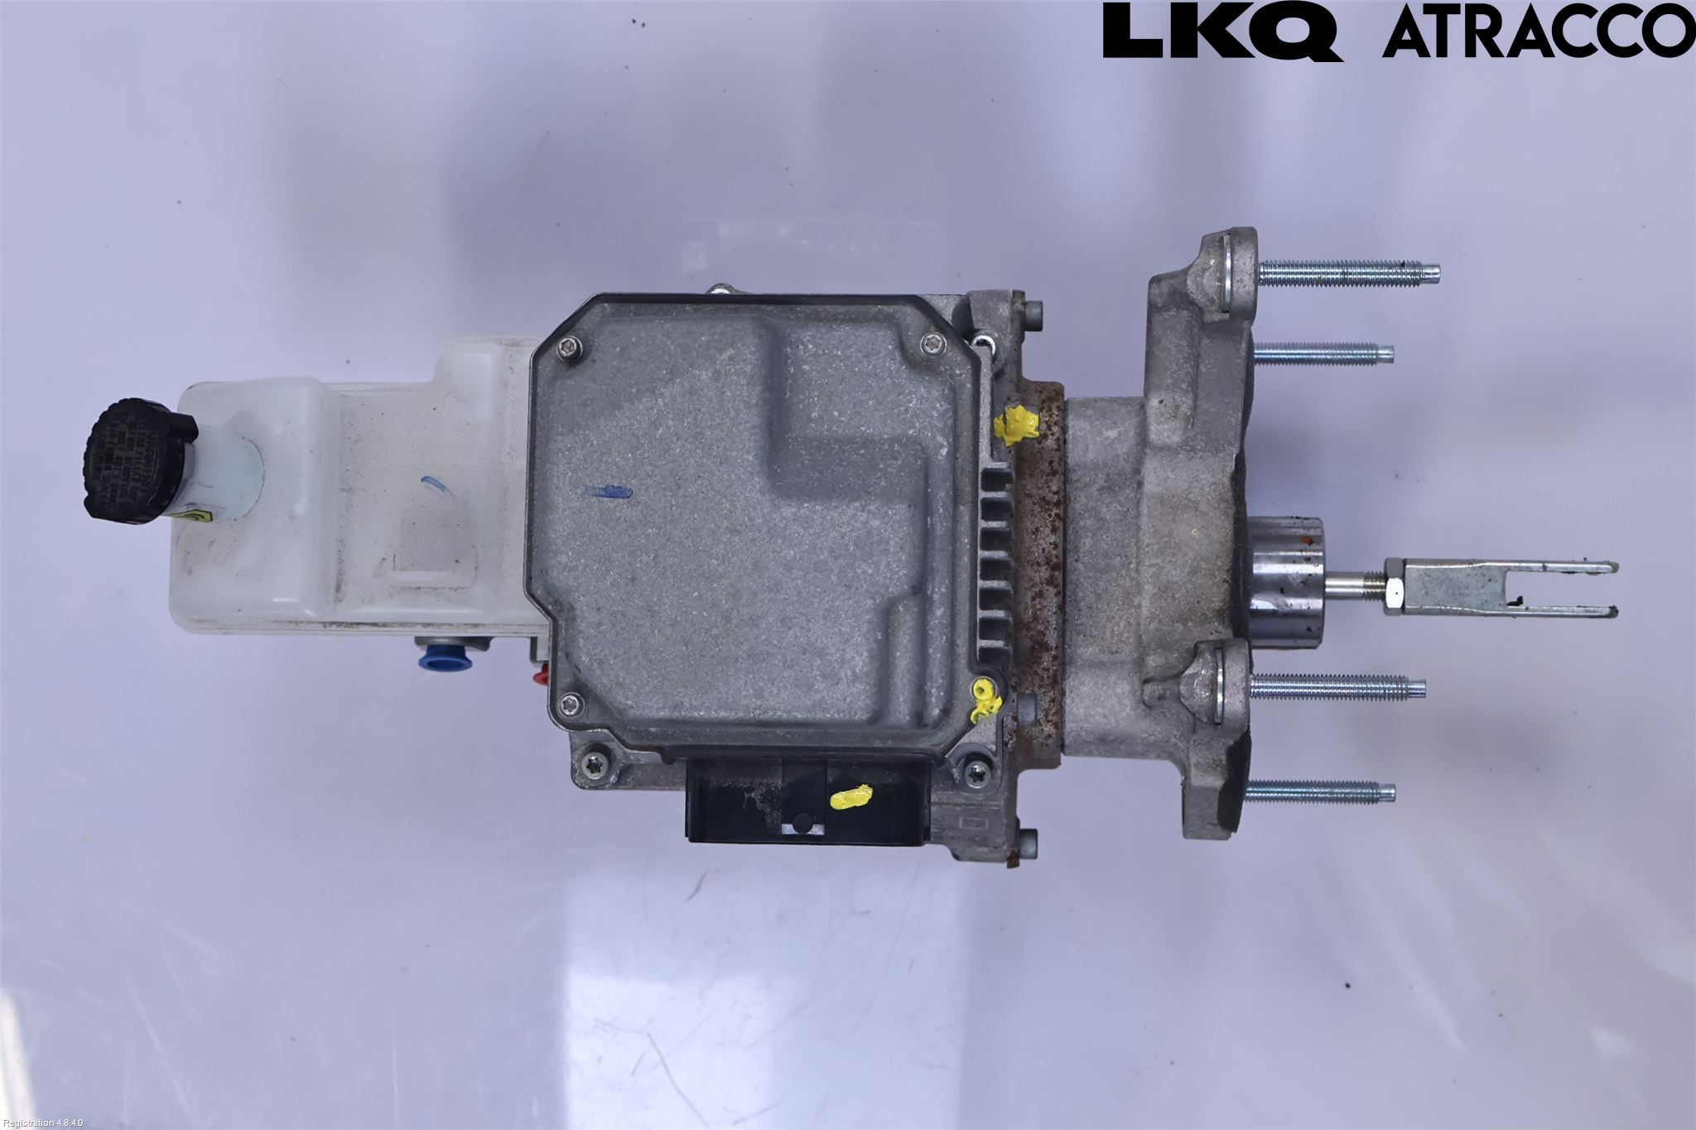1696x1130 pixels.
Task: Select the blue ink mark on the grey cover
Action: tap(608, 492)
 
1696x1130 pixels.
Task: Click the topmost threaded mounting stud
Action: tap(1348, 271)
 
